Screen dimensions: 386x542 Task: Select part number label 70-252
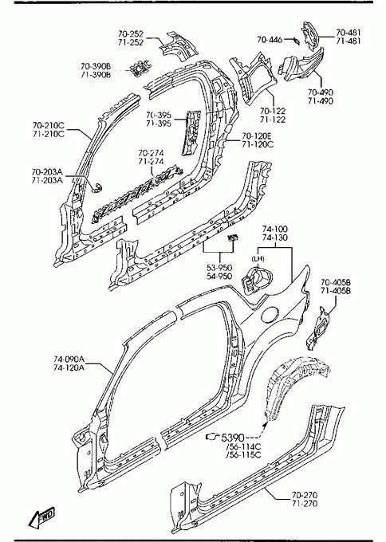131,33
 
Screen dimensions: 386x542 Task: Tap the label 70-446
270,40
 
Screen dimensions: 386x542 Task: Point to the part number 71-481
349,41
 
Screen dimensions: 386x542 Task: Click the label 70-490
321,92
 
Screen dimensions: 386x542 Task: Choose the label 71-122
273,120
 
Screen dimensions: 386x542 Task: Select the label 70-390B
96,66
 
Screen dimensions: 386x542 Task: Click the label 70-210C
49,125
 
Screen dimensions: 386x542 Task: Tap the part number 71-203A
47,180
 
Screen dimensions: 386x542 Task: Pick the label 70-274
152,153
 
